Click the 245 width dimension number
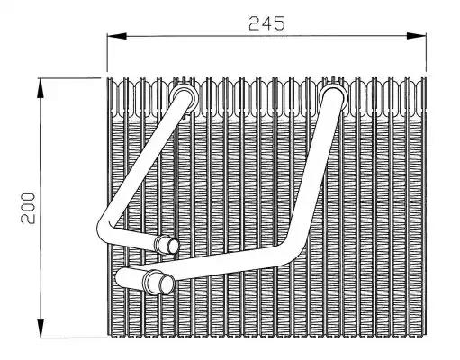coord(266,23)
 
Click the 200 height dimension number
coord(28,208)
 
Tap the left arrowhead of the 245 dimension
coord(117,36)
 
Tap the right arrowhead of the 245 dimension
coord(417,36)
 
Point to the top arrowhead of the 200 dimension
coord(41,88)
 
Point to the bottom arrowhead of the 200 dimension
coord(41,328)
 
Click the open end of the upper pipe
coord(173,246)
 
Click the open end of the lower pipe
coord(166,284)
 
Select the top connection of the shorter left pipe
coord(184,97)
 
